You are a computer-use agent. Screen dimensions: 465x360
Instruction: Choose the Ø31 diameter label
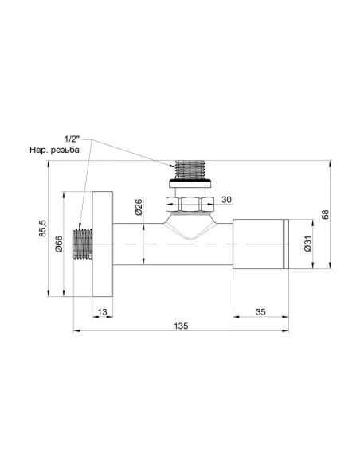[307, 244]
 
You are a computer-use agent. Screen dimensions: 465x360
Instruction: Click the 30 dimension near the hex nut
[226, 199]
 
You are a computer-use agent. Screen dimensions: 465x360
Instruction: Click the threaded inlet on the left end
[83, 244]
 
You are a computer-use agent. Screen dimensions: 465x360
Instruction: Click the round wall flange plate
[103, 243]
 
